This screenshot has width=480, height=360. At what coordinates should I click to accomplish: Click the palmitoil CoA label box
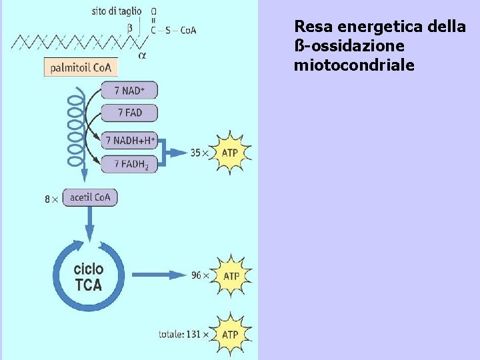click(81, 67)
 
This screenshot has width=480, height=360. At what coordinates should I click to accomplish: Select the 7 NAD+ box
click(129, 91)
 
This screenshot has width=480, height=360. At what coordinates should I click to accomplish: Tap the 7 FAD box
click(129, 113)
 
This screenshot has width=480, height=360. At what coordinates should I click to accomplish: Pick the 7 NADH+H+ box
click(129, 141)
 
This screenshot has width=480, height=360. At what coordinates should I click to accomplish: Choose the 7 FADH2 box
click(129, 163)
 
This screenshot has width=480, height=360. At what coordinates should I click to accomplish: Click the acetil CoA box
click(90, 197)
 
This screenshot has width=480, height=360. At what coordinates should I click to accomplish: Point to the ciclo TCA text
click(88, 277)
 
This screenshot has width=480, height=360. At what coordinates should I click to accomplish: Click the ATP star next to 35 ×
click(229, 153)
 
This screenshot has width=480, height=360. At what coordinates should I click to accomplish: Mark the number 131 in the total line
click(192, 333)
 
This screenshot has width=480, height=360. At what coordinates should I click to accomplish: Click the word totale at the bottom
click(171, 333)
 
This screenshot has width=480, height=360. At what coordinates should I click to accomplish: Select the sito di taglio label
click(116, 11)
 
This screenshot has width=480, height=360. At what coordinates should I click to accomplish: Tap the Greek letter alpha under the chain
click(142, 55)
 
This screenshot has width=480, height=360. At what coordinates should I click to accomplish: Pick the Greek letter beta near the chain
click(129, 28)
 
